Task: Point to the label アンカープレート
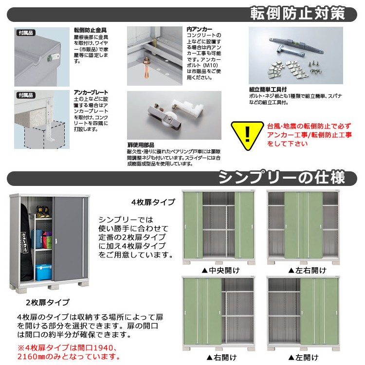pos(91,92)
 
